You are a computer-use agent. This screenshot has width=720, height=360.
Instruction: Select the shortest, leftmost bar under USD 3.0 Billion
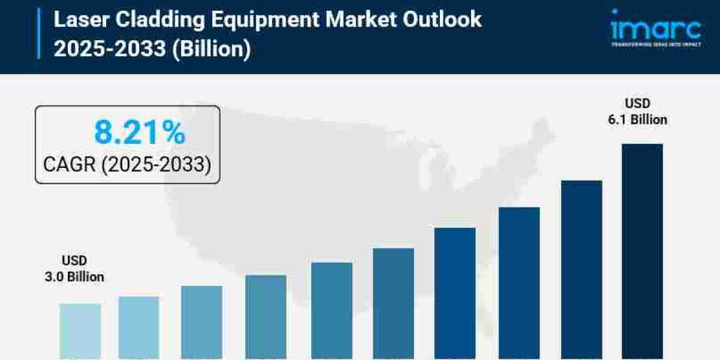(80, 330)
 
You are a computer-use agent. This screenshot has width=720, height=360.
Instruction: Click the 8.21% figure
(140, 133)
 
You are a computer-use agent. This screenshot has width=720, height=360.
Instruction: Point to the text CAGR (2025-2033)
(127, 164)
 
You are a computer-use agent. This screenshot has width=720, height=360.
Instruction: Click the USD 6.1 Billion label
(637, 112)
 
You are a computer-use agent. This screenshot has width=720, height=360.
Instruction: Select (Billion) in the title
(211, 48)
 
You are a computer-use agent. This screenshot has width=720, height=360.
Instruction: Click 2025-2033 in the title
(109, 48)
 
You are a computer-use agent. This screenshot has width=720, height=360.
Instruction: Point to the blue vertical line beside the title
(39, 34)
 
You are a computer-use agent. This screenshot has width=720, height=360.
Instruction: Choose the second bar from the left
(139, 327)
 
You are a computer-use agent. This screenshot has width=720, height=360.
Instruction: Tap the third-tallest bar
(519, 282)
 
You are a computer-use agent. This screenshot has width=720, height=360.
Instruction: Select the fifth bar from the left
(332, 310)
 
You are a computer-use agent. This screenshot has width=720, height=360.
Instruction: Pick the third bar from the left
(202, 322)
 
